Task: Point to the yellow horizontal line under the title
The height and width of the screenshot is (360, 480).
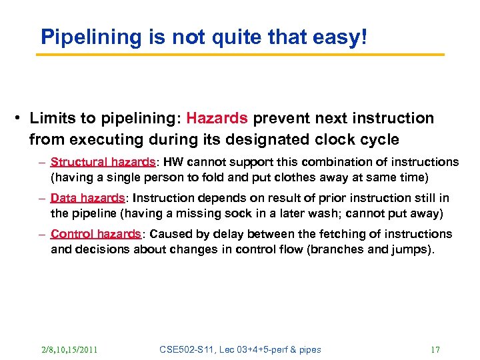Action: pyautogui.click(x=240, y=55)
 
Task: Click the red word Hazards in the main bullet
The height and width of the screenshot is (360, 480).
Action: pyautogui.click(x=217, y=119)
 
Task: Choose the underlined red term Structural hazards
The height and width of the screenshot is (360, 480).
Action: pyautogui.click(x=103, y=162)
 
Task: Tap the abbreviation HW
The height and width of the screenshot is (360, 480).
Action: pyautogui.click(x=171, y=162)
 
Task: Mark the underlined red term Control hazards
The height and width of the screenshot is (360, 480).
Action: pyautogui.click(x=95, y=234)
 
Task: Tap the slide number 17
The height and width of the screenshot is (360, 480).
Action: pyautogui.click(x=435, y=349)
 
